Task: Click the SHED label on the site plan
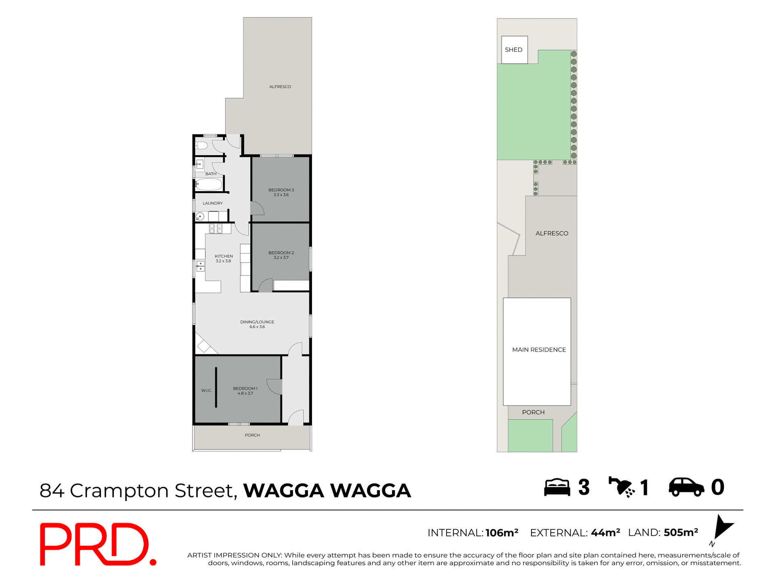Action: (x=513, y=50)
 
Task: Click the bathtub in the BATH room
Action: (x=209, y=185)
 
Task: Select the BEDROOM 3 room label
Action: (x=281, y=192)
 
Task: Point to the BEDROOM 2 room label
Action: (x=281, y=255)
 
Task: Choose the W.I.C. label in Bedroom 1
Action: (x=207, y=390)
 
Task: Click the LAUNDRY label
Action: (x=213, y=203)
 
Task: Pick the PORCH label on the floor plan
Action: (x=252, y=435)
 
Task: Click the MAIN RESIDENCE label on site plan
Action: (x=539, y=350)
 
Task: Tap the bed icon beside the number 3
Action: (x=557, y=487)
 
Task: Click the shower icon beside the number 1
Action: (x=622, y=487)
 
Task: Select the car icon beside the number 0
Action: (x=686, y=487)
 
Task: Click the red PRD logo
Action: (x=97, y=544)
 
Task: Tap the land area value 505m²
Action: (x=681, y=533)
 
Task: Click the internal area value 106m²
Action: (x=502, y=533)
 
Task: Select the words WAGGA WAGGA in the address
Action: (x=327, y=491)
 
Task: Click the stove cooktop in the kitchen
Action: (x=215, y=228)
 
